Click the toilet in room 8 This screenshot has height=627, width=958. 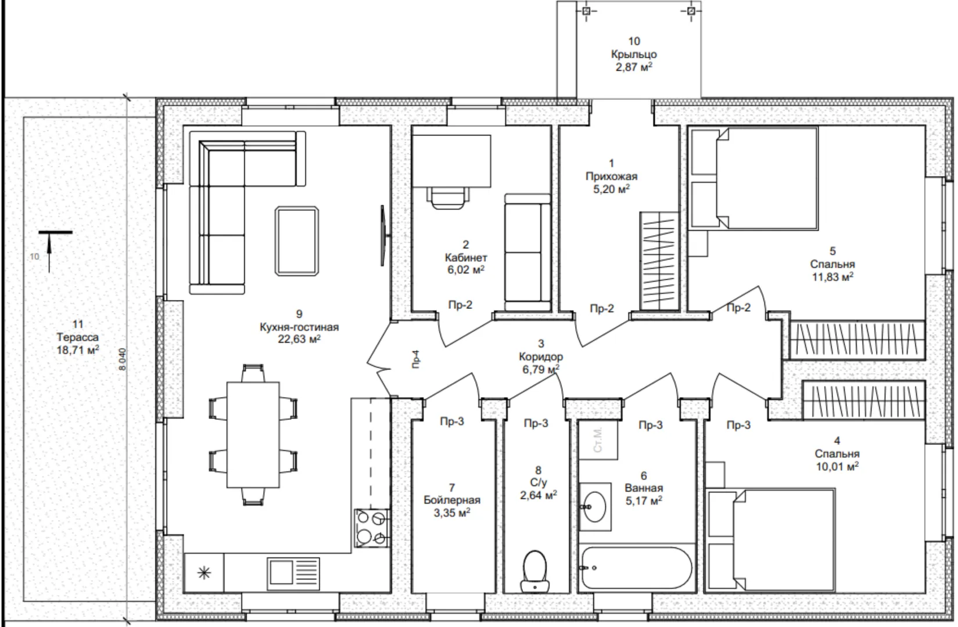pos(535,571)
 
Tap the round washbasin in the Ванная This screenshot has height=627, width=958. pos(594,507)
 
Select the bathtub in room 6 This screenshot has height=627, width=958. pos(636,568)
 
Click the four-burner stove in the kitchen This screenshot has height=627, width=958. pos(372,528)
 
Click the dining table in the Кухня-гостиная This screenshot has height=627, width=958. pos(253,435)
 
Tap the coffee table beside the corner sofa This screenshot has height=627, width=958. pos(297,240)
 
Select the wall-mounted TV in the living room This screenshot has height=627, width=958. pos(383,236)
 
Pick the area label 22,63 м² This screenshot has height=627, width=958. pos(299,340)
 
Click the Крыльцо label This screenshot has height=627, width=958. pos(634,54)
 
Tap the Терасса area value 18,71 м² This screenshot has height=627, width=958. pos(78,350)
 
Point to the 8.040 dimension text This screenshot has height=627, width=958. pos(123,359)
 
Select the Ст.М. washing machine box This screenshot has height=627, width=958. pos(598,440)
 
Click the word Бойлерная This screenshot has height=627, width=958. pos(451,500)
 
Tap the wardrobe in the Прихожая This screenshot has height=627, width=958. pos(659,261)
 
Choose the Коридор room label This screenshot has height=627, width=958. pos(541,356)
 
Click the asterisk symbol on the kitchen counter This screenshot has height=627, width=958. pos(204,573)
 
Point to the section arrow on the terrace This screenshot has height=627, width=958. pos(49,252)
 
